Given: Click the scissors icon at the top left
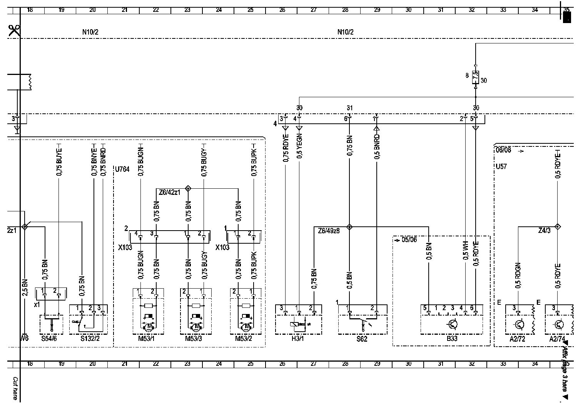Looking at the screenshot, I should pos(14,30).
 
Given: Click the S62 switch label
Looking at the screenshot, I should pos(362,339).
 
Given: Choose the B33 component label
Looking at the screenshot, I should pos(452,339).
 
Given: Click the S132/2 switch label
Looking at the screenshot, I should pos(88,339).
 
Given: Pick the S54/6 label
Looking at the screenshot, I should pos(51,339).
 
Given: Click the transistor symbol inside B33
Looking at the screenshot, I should pos(453,325).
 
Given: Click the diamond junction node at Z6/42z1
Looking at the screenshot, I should pos(188,188).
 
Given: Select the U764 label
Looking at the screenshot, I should pos(123,169).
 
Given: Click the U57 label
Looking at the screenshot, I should pos(501,167).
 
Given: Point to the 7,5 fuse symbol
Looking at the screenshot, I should pos(476,76).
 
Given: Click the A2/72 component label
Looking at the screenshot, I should pos(517,339).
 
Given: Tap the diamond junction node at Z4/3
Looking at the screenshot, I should pos(557,227).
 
